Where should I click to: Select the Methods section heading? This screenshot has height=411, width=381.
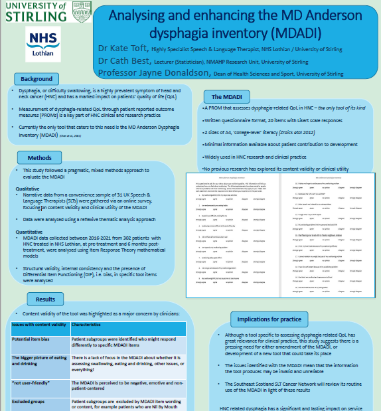click(x=39, y=158)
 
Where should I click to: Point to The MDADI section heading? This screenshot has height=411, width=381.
click(x=227, y=96)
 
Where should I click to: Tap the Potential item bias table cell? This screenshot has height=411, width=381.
click(x=33, y=339)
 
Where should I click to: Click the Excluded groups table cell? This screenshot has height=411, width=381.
click(x=30, y=402)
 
